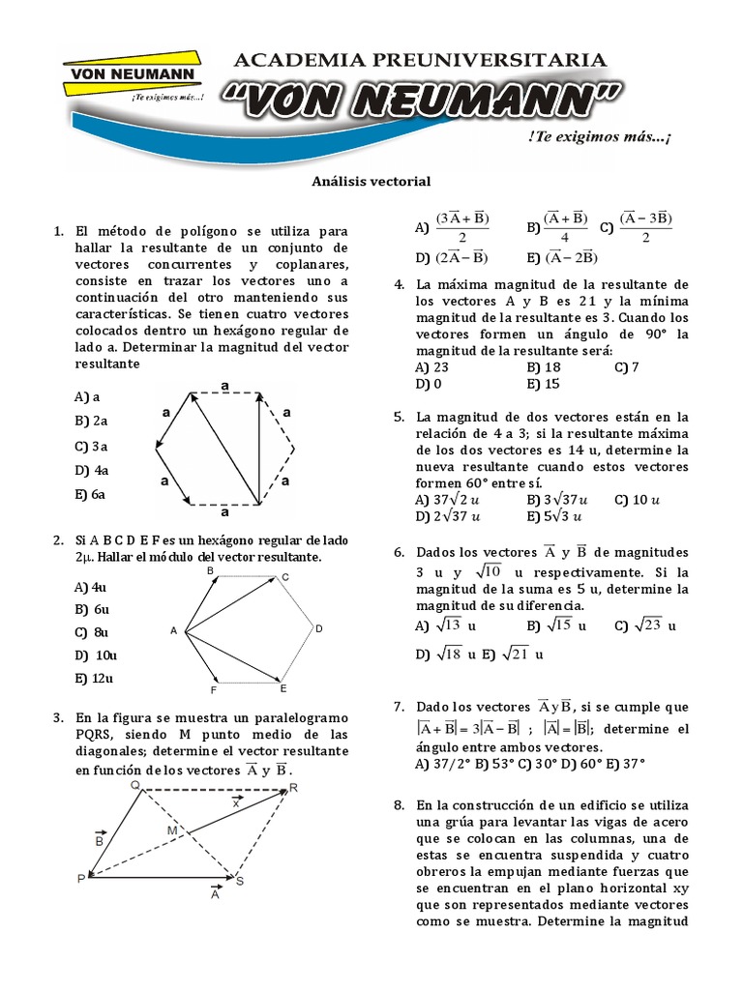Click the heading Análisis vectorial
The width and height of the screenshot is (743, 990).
coord(371,181)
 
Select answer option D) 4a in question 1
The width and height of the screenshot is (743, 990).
coord(90,470)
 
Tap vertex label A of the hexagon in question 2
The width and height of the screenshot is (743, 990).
coord(174,631)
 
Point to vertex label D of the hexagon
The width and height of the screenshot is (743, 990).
coord(317,629)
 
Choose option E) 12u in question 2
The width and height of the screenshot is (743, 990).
coord(94,678)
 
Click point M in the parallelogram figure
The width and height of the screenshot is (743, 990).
coord(172,830)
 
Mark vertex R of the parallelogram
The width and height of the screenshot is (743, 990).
coord(293,789)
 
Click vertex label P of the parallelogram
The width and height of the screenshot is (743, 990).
coord(81,879)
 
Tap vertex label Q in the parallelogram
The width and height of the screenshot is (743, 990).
coord(136,785)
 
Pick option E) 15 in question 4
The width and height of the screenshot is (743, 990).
coord(544,384)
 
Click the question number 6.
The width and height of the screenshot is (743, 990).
coord(398,552)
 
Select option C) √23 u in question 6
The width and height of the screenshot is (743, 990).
coord(644,626)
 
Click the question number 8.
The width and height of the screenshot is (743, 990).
coord(398,804)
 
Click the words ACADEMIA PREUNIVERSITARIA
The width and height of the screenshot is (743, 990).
coord(421,60)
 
